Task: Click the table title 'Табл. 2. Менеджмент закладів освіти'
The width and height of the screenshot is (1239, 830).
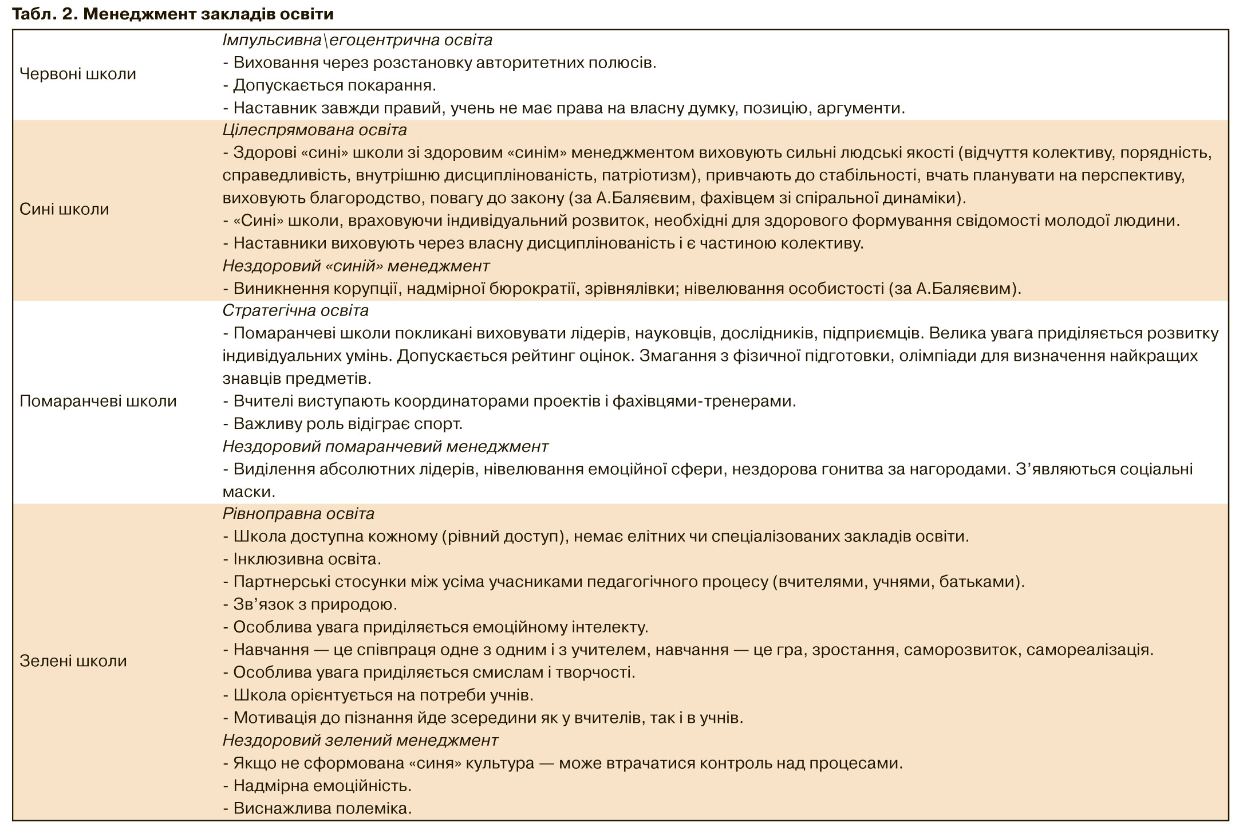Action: click(172, 14)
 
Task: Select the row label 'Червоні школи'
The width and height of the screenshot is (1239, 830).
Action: click(78, 74)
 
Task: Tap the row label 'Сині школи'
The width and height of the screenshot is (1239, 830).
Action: click(64, 209)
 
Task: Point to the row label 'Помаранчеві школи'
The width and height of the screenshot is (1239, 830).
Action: click(98, 401)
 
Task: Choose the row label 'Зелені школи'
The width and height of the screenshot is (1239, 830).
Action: click(73, 661)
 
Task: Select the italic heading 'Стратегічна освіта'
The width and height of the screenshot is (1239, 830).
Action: click(295, 310)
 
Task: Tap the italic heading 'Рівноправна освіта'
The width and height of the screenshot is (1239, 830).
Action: click(298, 513)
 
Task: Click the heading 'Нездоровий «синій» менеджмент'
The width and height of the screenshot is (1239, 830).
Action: click(356, 266)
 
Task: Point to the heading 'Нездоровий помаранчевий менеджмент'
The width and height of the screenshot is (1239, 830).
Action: click(385, 446)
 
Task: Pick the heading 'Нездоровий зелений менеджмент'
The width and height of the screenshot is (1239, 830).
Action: click(360, 740)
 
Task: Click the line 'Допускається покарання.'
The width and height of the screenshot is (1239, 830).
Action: click(329, 85)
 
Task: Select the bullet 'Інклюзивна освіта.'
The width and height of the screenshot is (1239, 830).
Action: click(302, 558)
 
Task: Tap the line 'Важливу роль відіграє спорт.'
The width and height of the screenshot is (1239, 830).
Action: click(342, 424)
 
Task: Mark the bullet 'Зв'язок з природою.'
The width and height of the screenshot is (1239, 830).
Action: click(310, 604)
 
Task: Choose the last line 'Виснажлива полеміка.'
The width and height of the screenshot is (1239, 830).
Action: click(317, 808)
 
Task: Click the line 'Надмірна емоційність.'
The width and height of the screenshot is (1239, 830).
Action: click(317, 785)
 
